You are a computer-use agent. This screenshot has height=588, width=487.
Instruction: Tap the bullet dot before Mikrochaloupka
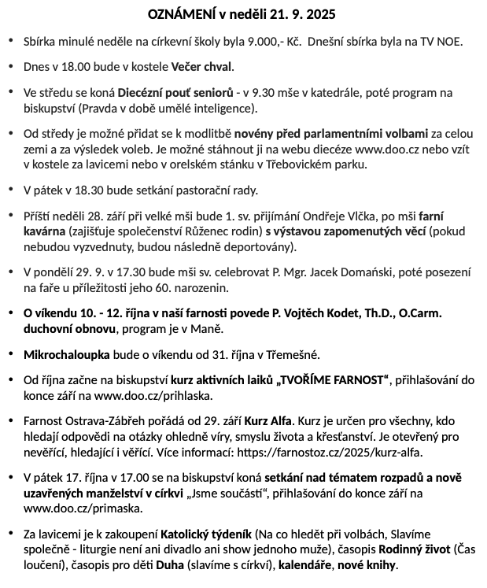tap(9, 354)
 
